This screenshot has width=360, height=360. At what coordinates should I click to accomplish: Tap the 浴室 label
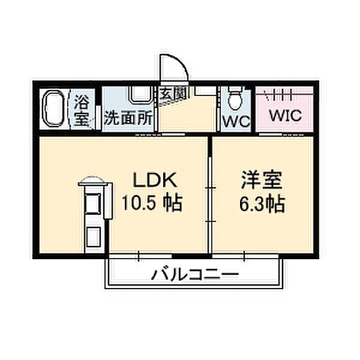82,110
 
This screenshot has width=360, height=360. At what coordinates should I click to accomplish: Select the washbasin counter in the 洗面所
139,95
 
